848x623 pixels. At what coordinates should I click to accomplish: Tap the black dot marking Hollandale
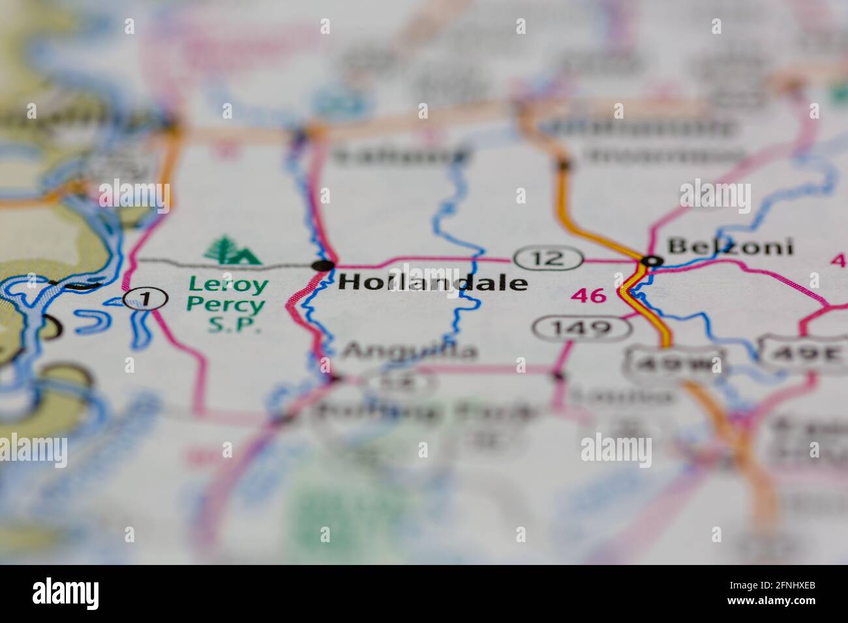323,265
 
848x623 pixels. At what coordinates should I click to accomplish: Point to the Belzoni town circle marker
652,261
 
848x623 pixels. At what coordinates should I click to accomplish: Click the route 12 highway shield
548,258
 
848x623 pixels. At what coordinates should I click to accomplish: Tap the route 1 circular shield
145,299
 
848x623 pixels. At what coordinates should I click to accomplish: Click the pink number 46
588,296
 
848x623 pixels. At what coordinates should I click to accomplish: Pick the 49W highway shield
675,360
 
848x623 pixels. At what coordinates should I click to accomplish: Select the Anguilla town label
410,351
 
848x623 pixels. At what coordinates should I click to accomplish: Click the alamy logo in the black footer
66,593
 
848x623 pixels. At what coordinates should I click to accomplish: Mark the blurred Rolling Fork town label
427,411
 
